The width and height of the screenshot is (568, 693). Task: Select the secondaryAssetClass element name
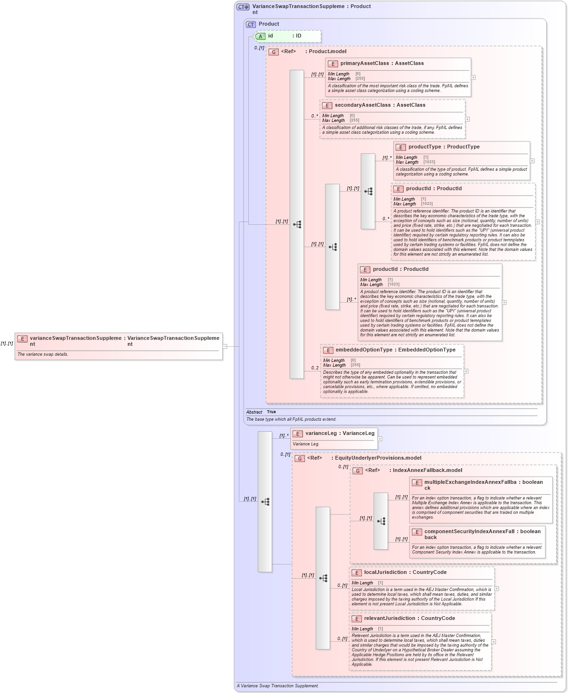point(362,105)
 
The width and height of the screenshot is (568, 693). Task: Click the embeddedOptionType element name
point(364,350)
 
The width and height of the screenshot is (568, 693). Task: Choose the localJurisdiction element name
point(387,573)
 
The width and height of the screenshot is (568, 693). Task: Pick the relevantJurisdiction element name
point(389,619)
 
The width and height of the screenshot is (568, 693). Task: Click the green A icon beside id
point(260,36)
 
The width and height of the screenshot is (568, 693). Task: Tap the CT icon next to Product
point(251,24)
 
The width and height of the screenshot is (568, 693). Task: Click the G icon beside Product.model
point(274,52)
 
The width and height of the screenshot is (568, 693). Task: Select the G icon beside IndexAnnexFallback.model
point(358,471)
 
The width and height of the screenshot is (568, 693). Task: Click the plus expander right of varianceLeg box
point(380,439)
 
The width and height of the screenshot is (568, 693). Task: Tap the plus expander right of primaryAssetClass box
point(473,77)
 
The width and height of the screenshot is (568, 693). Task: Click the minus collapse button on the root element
point(225,346)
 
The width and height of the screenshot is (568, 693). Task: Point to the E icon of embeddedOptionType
point(328,351)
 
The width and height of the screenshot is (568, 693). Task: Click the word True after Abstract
point(271,412)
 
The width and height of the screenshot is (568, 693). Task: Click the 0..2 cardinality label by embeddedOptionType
point(315,368)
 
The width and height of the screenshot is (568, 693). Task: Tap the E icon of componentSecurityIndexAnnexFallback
point(417,532)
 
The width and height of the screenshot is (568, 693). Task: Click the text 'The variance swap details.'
point(43,354)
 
